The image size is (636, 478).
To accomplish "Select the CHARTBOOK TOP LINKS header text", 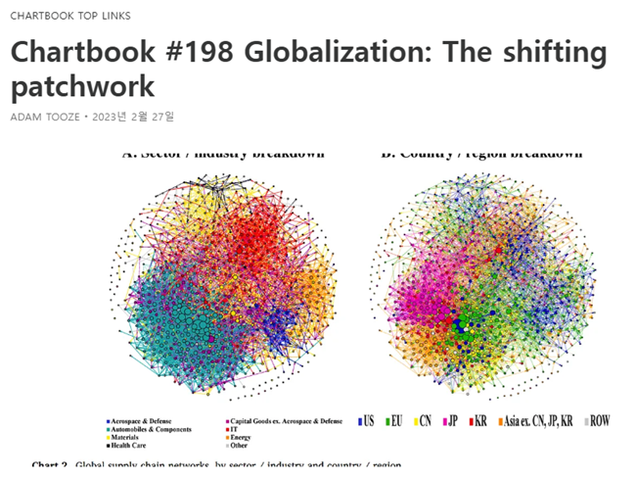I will pyautogui.click(x=70, y=16).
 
